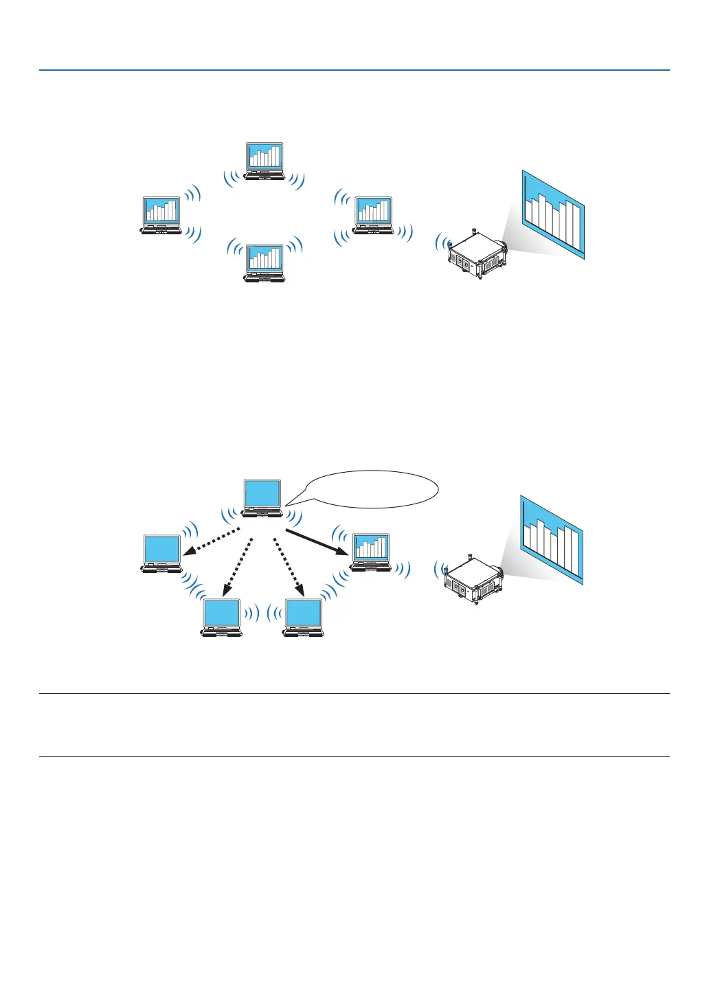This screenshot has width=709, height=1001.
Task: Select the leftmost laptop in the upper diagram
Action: pyautogui.click(x=161, y=215)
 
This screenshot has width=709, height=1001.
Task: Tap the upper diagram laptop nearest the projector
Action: pyautogui.click(x=373, y=214)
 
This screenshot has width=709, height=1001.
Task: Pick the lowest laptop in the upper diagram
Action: pyautogui.click(x=265, y=262)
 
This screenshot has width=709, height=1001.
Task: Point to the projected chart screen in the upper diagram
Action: pyautogui.click(x=553, y=214)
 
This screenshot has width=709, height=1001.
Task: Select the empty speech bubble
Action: pyautogui.click(x=371, y=489)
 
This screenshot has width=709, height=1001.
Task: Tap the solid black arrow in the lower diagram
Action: pyautogui.click(x=315, y=543)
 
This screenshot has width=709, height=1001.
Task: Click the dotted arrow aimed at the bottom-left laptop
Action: pyautogui.click(x=237, y=566)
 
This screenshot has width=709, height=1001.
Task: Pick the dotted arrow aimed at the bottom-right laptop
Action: pyautogui.click(x=289, y=566)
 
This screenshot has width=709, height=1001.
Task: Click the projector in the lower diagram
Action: pyautogui.click(x=473, y=579)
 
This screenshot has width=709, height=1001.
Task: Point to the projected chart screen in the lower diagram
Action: pyautogui.click(x=552, y=539)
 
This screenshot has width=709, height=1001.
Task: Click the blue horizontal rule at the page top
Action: pyautogui.click(x=354, y=70)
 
